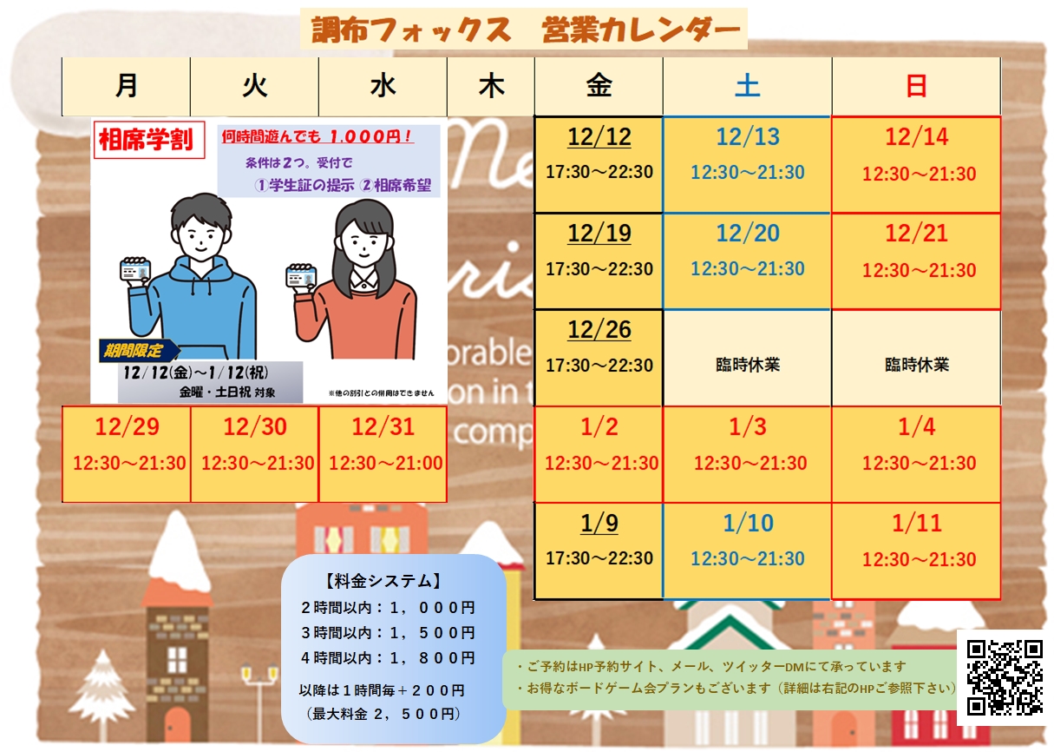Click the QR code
click(x=1005, y=676)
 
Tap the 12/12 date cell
click(x=599, y=165)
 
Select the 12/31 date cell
click(x=383, y=454)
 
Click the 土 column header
click(x=747, y=86)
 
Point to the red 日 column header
click(x=916, y=86)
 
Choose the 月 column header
click(x=127, y=86)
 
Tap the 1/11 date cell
click(x=916, y=551)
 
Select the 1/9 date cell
click(x=599, y=551)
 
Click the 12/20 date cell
click(x=747, y=261)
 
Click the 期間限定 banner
click(x=137, y=351)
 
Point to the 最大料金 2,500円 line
click(x=383, y=714)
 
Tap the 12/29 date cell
click(x=127, y=454)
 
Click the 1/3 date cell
click(x=747, y=454)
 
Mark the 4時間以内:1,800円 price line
click(x=388, y=657)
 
